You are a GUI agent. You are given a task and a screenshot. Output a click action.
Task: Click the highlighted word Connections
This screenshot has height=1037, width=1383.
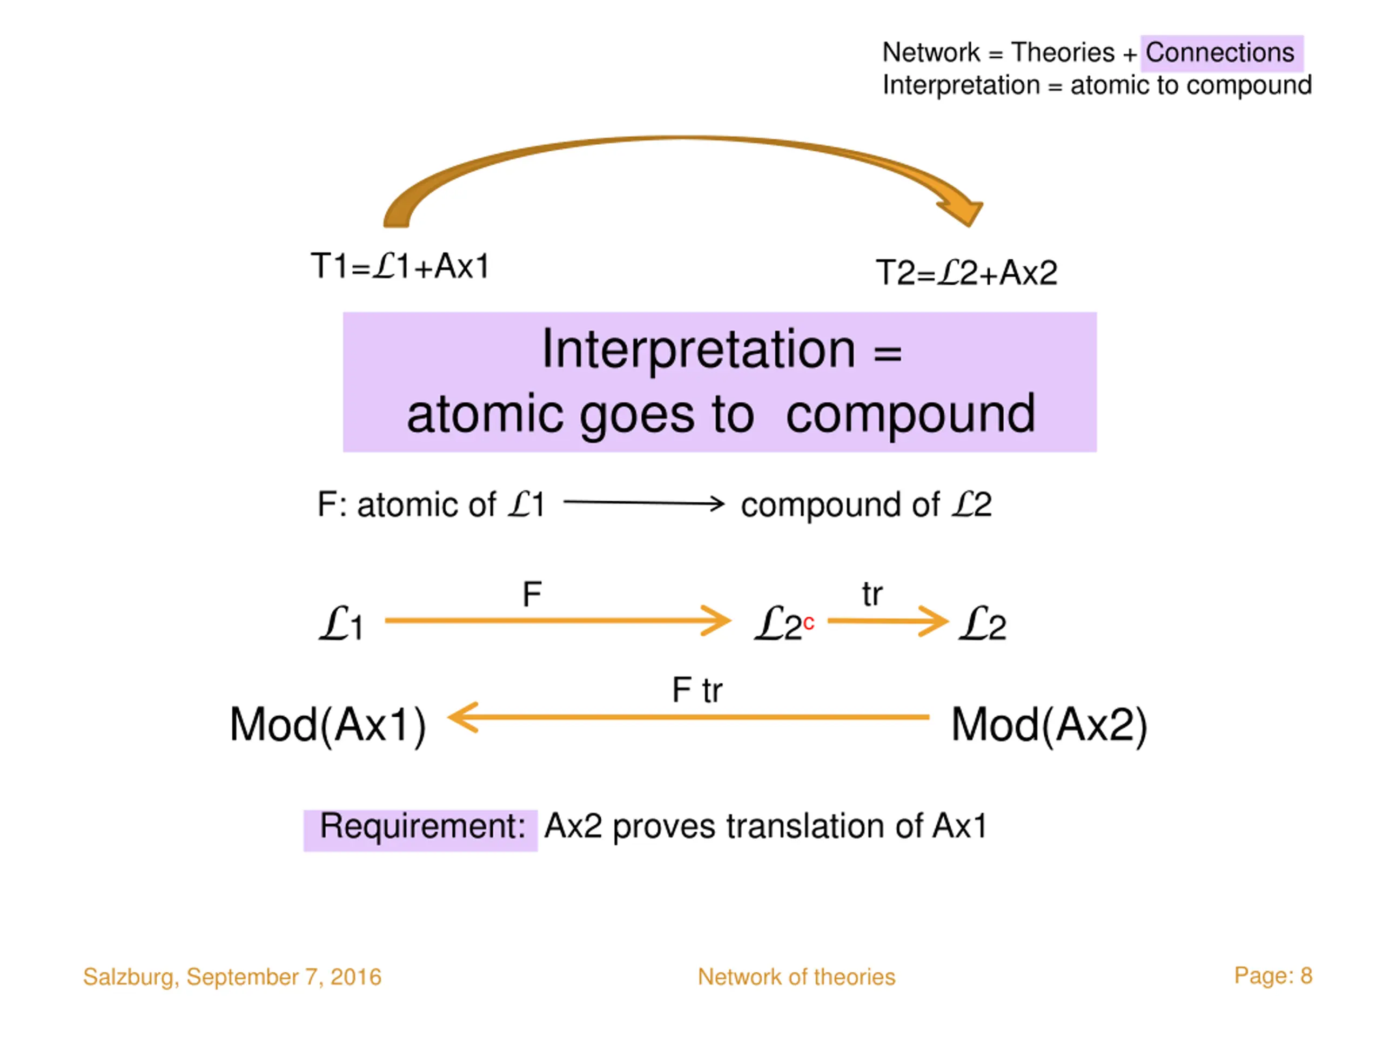tap(1219, 52)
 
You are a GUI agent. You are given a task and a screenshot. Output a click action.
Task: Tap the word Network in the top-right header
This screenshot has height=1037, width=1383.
tap(931, 52)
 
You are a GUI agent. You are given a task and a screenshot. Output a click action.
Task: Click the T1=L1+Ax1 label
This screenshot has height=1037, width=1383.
tap(400, 266)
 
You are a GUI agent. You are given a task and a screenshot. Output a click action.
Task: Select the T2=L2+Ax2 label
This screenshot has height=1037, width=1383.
tap(966, 273)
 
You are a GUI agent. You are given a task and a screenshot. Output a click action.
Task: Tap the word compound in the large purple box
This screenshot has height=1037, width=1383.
tap(910, 414)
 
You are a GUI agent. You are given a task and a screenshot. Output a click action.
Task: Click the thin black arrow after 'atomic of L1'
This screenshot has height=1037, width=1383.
tap(644, 502)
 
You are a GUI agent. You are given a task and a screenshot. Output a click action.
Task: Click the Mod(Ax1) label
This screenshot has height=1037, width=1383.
tap(327, 725)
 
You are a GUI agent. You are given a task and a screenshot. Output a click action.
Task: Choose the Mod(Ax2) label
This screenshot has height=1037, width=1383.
tap(1049, 725)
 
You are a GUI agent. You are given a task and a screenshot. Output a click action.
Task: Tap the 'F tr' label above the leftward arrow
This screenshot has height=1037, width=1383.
tap(697, 691)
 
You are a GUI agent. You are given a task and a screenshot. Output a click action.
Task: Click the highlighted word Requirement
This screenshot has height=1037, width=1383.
tap(422, 826)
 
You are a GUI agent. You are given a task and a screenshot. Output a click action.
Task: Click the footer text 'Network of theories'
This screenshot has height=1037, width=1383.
tap(796, 977)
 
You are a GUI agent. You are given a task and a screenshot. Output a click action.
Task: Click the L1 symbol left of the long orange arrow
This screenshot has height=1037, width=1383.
tap(341, 623)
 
